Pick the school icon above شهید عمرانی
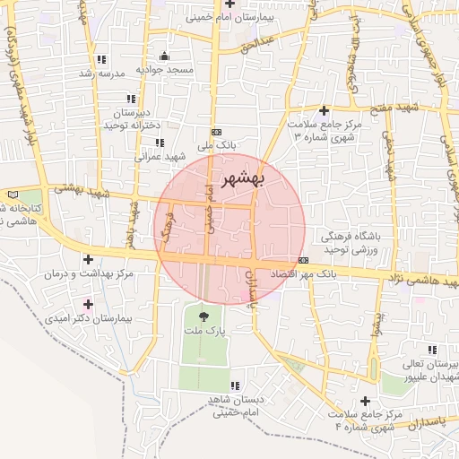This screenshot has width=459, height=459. pos(160,142)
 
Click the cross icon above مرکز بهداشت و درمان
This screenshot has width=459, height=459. pos(87,259)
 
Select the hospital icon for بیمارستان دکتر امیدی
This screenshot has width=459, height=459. pos(87,305)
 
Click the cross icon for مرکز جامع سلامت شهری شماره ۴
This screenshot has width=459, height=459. pos(364,401)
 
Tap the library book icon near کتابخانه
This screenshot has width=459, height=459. pos(12,194)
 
